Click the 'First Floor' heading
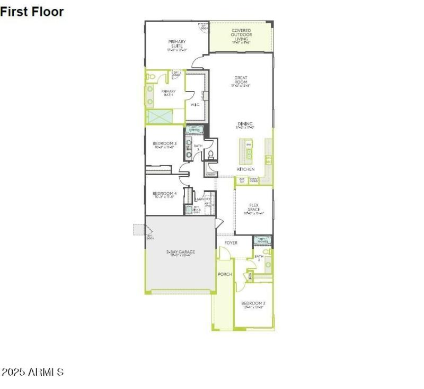coord(32,11)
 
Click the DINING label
coord(245,124)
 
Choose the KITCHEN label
coord(246,169)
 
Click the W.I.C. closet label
coord(195,104)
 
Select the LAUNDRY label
coord(203,199)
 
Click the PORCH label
coord(225,274)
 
